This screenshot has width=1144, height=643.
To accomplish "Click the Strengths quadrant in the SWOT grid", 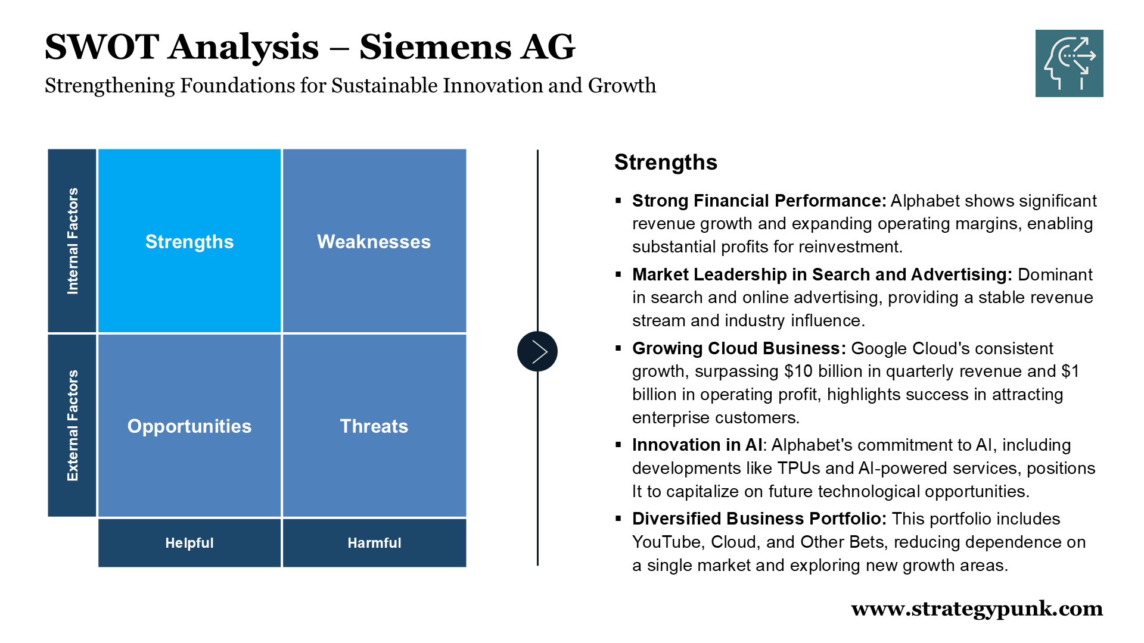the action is pyautogui.click(x=189, y=241).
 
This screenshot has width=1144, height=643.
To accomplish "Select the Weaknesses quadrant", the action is pyautogui.click(x=374, y=241).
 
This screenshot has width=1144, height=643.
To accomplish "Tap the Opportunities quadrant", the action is pyautogui.click(x=189, y=425).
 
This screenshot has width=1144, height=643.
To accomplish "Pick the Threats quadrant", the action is pyautogui.click(x=374, y=425).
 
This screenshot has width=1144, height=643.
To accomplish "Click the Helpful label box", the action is pyautogui.click(x=189, y=542).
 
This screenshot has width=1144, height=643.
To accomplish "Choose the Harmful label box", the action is pyautogui.click(x=374, y=542).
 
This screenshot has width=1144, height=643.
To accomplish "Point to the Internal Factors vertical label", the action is pyautogui.click(x=72, y=241).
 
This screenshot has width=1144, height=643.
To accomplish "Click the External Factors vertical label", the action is pyautogui.click(x=72, y=425).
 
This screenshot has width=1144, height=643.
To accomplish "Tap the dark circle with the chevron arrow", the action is pyautogui.click(x=537, y=351).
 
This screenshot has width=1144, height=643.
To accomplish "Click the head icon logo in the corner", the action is pyautogui.click(x=1070, y=63).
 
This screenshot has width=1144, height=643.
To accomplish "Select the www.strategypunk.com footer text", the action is pyautogui.click(x=977, y=609).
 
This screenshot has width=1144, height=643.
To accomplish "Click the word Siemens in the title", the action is pyautogui.click(x=435, y=46).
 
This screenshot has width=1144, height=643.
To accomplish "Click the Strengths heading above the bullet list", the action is pyautogui.click(x=666, y=162).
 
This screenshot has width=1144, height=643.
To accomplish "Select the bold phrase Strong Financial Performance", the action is pyautogui.click(x=759, y=201).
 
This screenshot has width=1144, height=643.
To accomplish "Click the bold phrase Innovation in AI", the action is pyautogui.click(x=697, y=445).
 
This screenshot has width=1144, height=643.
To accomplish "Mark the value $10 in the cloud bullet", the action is pyautogui.click(x=798, y=371).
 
